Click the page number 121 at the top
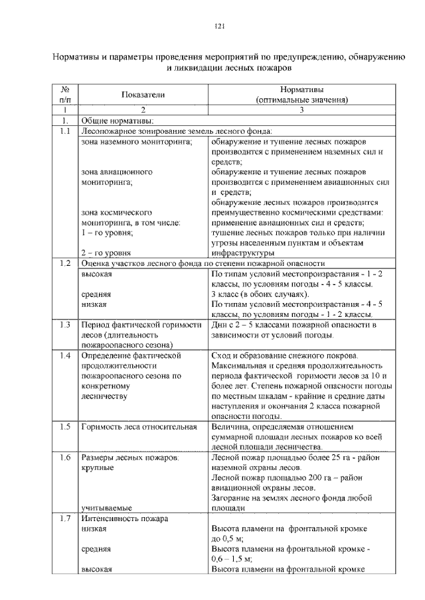pyautogui.click(x=220, y=27)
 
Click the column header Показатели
pyautogui.click(x=142, y=95)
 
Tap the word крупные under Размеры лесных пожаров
pyautogui.click(x=97, y=467)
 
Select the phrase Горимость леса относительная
pyautogui.click(x=139, y=426)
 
